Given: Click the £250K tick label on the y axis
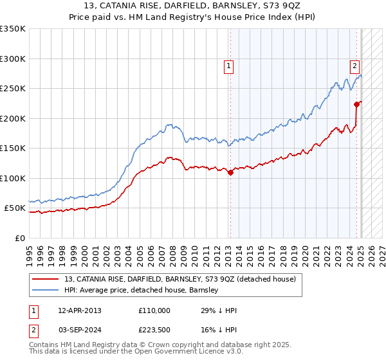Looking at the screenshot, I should (13, 89).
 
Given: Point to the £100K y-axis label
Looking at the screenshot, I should (13, 178).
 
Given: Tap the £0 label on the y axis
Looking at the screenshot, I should (19, 238).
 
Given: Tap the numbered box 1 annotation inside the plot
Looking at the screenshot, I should (228, 65).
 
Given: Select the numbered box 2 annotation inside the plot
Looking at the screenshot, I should (354, 65).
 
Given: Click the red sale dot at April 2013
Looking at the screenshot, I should (230, 172).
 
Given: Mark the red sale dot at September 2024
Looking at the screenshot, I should (356, 104).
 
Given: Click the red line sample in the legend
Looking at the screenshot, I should (46, 279).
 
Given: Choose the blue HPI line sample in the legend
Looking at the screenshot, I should (46, 290).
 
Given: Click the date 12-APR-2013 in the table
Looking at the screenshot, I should (80, 310).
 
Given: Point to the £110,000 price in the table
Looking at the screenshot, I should (154, 310).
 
